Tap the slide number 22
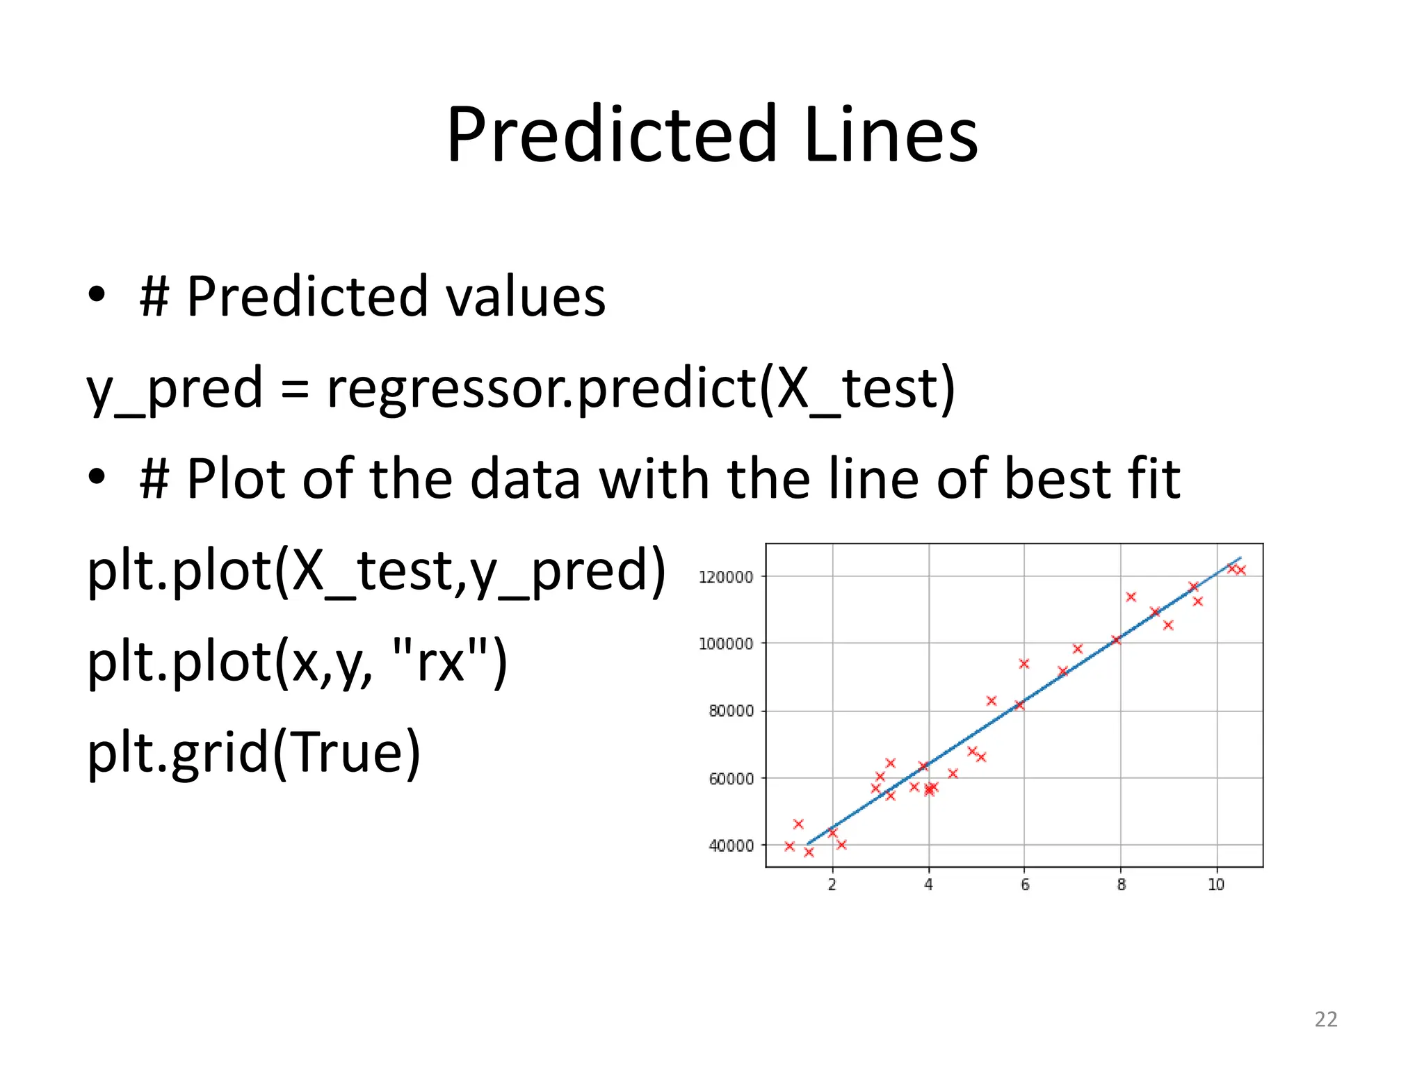pyautogui.click(x=1326, y=1019)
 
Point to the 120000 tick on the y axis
pyautogui.click(x=726, y=577)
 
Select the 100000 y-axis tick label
pyautogui.click(x=726, y=644)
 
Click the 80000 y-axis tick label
pyautogui.click(x=731, y=711)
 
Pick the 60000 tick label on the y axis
pyautogui.click(x=731, y=779)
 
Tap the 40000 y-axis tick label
pyautogui.click(x=731, y=846)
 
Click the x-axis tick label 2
pyautogui.click(x=832, y=884)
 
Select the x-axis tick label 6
pyautogui.click(x=1025, y=884)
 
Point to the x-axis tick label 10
pyautogui.click(x=1216, y=884)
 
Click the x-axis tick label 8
pyautogui.click(x=1121, y=884)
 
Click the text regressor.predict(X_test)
pyautogui.click(x=640, y=388)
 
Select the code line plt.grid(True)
pyautogui.click(x=254, y=752)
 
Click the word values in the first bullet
pyautogui.click(x=526, y=297)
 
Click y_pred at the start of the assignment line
pyautogui.click(x=174, y=388)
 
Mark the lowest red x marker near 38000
pyautogui.click(x=809, y=852)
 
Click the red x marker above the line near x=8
pyautogui.click(x=1131, y=597)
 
